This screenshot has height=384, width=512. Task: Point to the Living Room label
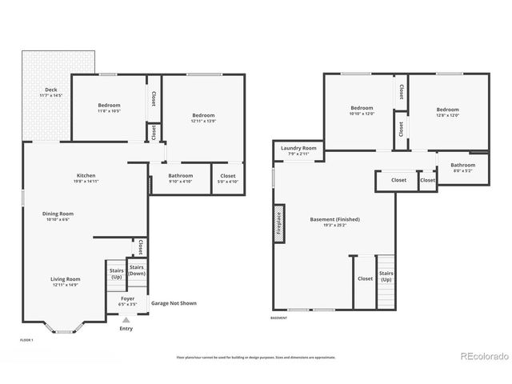point(66,281)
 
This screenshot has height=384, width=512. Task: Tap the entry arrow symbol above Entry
point(126,320)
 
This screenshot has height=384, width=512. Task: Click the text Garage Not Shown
point(174,303)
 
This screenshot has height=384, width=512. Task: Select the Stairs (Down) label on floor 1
point(137,270)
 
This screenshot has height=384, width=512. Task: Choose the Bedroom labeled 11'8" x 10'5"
point(109,108)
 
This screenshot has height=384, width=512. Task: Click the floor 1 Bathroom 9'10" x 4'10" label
point(180,178)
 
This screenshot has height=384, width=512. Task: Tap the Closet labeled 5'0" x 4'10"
point(228,178)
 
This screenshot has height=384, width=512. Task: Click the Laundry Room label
point(298,150)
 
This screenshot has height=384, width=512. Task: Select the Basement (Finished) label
point(334,222)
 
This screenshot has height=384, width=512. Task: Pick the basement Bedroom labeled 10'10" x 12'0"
point(362,110)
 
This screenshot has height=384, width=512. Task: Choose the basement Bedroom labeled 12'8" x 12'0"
point(447,112)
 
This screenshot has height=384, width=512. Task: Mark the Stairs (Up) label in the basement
point(386,277)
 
